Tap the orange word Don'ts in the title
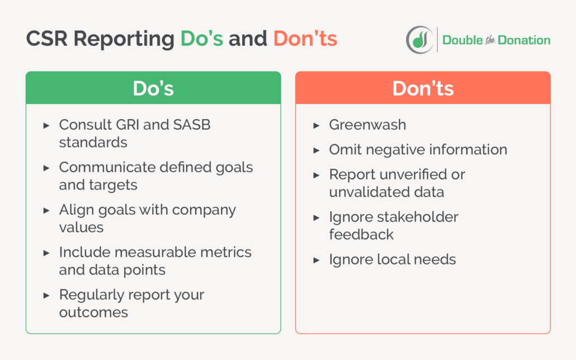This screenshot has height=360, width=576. [305, 39]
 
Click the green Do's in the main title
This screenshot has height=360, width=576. [201, 39]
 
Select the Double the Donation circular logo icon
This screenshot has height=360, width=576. [419, 40]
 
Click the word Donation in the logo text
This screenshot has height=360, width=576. [525, 40]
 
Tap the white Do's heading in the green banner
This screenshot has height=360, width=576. [153, 89]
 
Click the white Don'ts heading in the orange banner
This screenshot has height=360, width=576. [423, 89]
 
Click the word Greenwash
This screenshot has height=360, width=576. [367, 125]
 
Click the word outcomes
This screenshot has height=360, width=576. [93, 312]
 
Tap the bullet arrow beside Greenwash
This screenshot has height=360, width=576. [317, 125]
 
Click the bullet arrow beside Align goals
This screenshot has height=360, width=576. [46, 210]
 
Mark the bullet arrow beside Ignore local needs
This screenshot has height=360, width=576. [317, 260]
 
